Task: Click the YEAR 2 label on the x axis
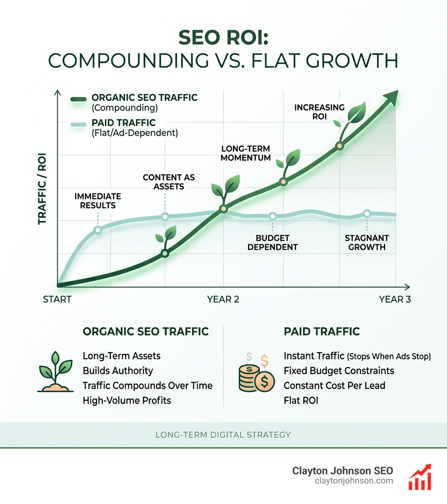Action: [223, 300]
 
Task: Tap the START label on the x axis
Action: [57, 300]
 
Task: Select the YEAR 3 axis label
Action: [395, 300]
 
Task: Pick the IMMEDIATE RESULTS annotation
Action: [97, 200]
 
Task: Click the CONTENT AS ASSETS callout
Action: [168, 182]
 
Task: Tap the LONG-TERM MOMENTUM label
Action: [246, 153]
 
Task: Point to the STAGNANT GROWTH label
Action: [367, 242]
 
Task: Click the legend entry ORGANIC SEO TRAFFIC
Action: [144, 98]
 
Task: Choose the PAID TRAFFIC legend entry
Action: [124, 123]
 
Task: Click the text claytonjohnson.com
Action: [354, 480]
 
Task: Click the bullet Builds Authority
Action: [118, 371]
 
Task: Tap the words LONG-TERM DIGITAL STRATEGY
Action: [223, 435]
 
